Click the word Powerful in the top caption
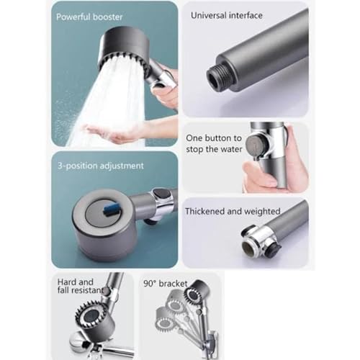pyautogui.click(x=73, y=17)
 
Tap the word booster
pyautogui.click(x=108, y=17)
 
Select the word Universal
pyautogui.click(x=209, y=16)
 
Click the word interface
pyautogui.click(x=246, y=16)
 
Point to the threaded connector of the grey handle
pyautogui.click(x=217, y=76)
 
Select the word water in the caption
pyautogui.click(x=231, y=149)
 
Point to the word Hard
pyautogui.click(x=66, y=282)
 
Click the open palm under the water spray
pyautogui.click(x=113, y=132)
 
